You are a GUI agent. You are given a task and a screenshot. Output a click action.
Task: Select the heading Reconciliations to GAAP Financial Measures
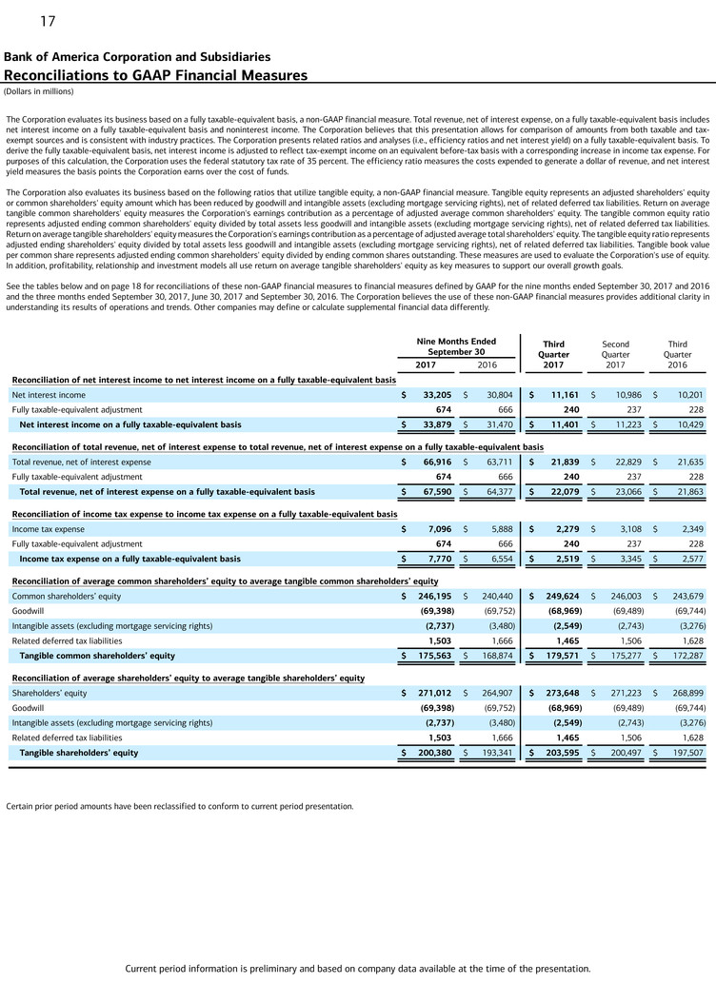tap(156, 75)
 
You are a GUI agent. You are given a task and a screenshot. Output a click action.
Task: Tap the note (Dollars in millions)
tap(38, 91)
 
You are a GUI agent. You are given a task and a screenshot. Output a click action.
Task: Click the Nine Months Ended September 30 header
tap(456, 346)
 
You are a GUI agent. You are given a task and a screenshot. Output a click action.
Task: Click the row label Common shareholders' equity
tap(66, 596)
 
